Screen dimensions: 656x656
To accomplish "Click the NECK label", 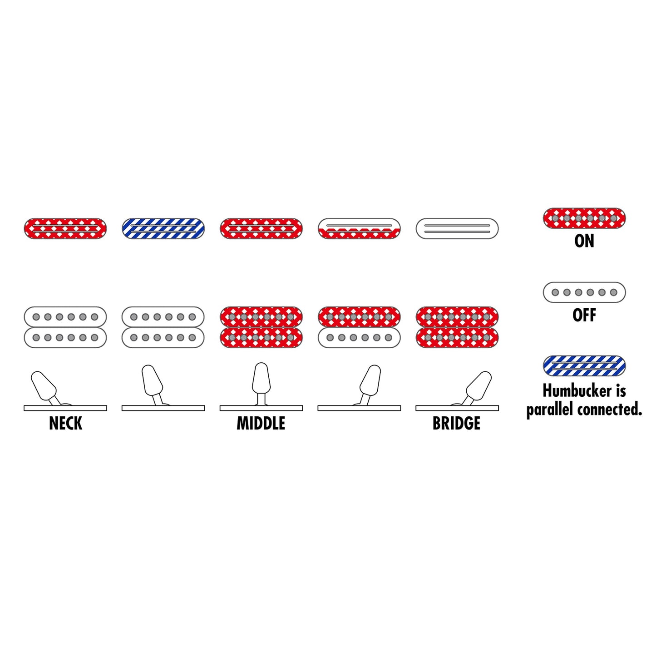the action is pos(66,423).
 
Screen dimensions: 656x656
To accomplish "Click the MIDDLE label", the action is pos(261,423).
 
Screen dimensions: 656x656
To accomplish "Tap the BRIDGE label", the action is pos(457,423).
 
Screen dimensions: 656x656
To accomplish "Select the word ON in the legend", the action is pos(584,241).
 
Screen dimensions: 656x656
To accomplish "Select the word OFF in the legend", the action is pos(584,315).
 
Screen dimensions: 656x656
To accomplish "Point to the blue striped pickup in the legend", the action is pos(584,365).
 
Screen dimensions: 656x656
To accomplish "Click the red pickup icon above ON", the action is pos(584,218).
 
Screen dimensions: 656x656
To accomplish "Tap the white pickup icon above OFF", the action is pos(584,292).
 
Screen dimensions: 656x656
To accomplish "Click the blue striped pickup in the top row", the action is pos(163,228).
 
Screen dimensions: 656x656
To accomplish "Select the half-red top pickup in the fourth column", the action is pos(359,228).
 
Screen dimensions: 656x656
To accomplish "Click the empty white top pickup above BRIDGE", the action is pos(457,228).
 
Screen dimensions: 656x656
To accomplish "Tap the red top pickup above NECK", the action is pos(65,228).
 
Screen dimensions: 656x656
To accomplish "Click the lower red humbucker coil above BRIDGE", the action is pos(457,337).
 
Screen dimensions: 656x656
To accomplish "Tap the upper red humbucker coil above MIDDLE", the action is pos(261,317).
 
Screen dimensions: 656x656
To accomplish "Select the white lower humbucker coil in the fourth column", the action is pos(359,337).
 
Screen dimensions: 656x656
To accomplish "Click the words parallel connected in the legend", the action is pos(584,409).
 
